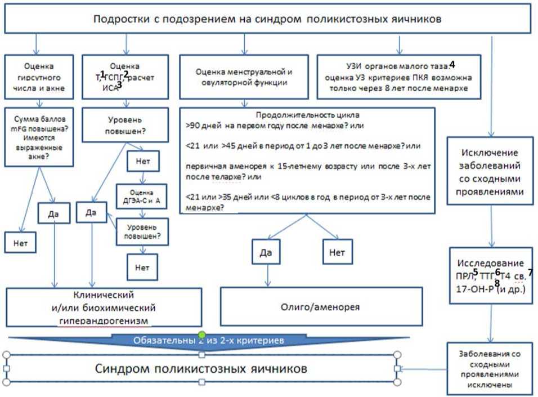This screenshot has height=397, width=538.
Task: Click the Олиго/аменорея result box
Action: [x=320, y=307]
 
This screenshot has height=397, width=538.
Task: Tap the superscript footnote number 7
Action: [x=530, y=272]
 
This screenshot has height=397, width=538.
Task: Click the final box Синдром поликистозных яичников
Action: [x=201, y=369]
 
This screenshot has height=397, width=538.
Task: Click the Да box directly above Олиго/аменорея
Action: [x=266, y=253]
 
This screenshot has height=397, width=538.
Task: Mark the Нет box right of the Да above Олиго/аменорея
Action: [x=337, y=253]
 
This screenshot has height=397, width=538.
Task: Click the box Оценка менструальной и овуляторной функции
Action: [x=244, y=77]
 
